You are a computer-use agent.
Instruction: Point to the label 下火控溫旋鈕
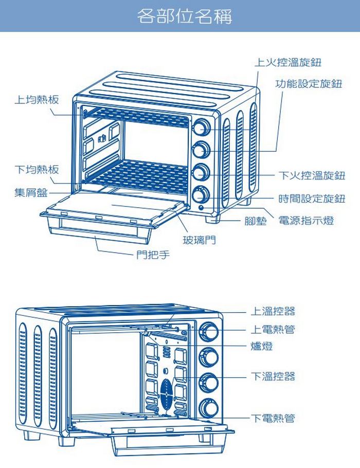pos(312,175)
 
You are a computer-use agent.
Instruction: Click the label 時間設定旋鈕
pos(312,199)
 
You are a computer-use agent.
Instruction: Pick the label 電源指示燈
pos(307,221)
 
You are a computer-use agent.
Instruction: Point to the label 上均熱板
pos(36,99)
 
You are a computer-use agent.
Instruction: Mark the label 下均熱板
pos(36,170)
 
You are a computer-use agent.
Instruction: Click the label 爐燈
pos(262,347)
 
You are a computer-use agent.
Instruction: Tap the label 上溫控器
pos(273,311)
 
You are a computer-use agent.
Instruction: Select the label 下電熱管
pos(273,419)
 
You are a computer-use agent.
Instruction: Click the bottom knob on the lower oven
pos(209,407)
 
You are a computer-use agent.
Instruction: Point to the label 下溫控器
pos(273,376)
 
